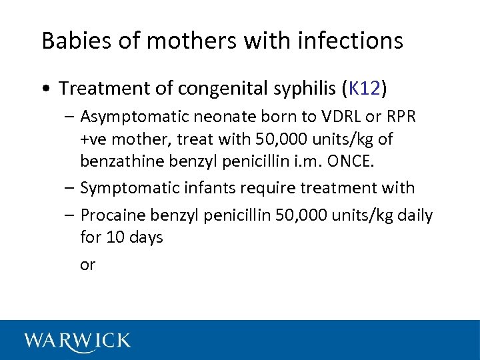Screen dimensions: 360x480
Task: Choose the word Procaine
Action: (109, 215)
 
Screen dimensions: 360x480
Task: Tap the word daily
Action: (414, 215)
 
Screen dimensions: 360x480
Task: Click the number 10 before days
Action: (116, 237)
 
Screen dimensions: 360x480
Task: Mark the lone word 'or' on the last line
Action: (88, 265)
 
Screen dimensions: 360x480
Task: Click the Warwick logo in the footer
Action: (77, 341)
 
